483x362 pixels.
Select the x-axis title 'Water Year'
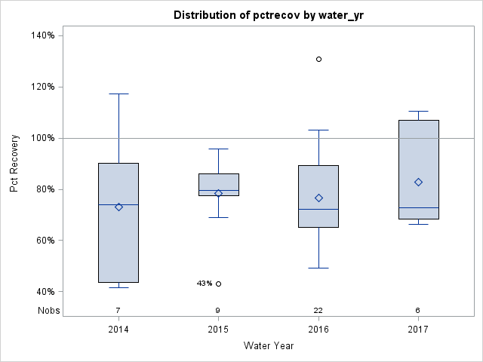tap(268, 346)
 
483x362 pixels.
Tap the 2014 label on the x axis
tap(118, 330)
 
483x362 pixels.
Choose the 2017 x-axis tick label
tap(418, 330)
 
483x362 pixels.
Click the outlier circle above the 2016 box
tap(318, 59)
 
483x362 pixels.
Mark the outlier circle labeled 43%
tap(219, 284)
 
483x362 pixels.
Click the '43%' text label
tap(204, 284)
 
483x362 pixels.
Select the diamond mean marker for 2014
tap(118, 207)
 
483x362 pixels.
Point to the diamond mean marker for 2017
tap(418, 182)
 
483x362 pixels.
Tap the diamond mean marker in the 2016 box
tap(318, 198)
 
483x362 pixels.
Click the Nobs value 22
tap(318, 310)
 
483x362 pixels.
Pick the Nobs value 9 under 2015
tap(218, 310)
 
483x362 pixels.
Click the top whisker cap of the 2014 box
tap(118, 94)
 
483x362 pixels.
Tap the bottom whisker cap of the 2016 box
tap(318, 268)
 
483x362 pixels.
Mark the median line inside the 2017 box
tap(418, 207)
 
